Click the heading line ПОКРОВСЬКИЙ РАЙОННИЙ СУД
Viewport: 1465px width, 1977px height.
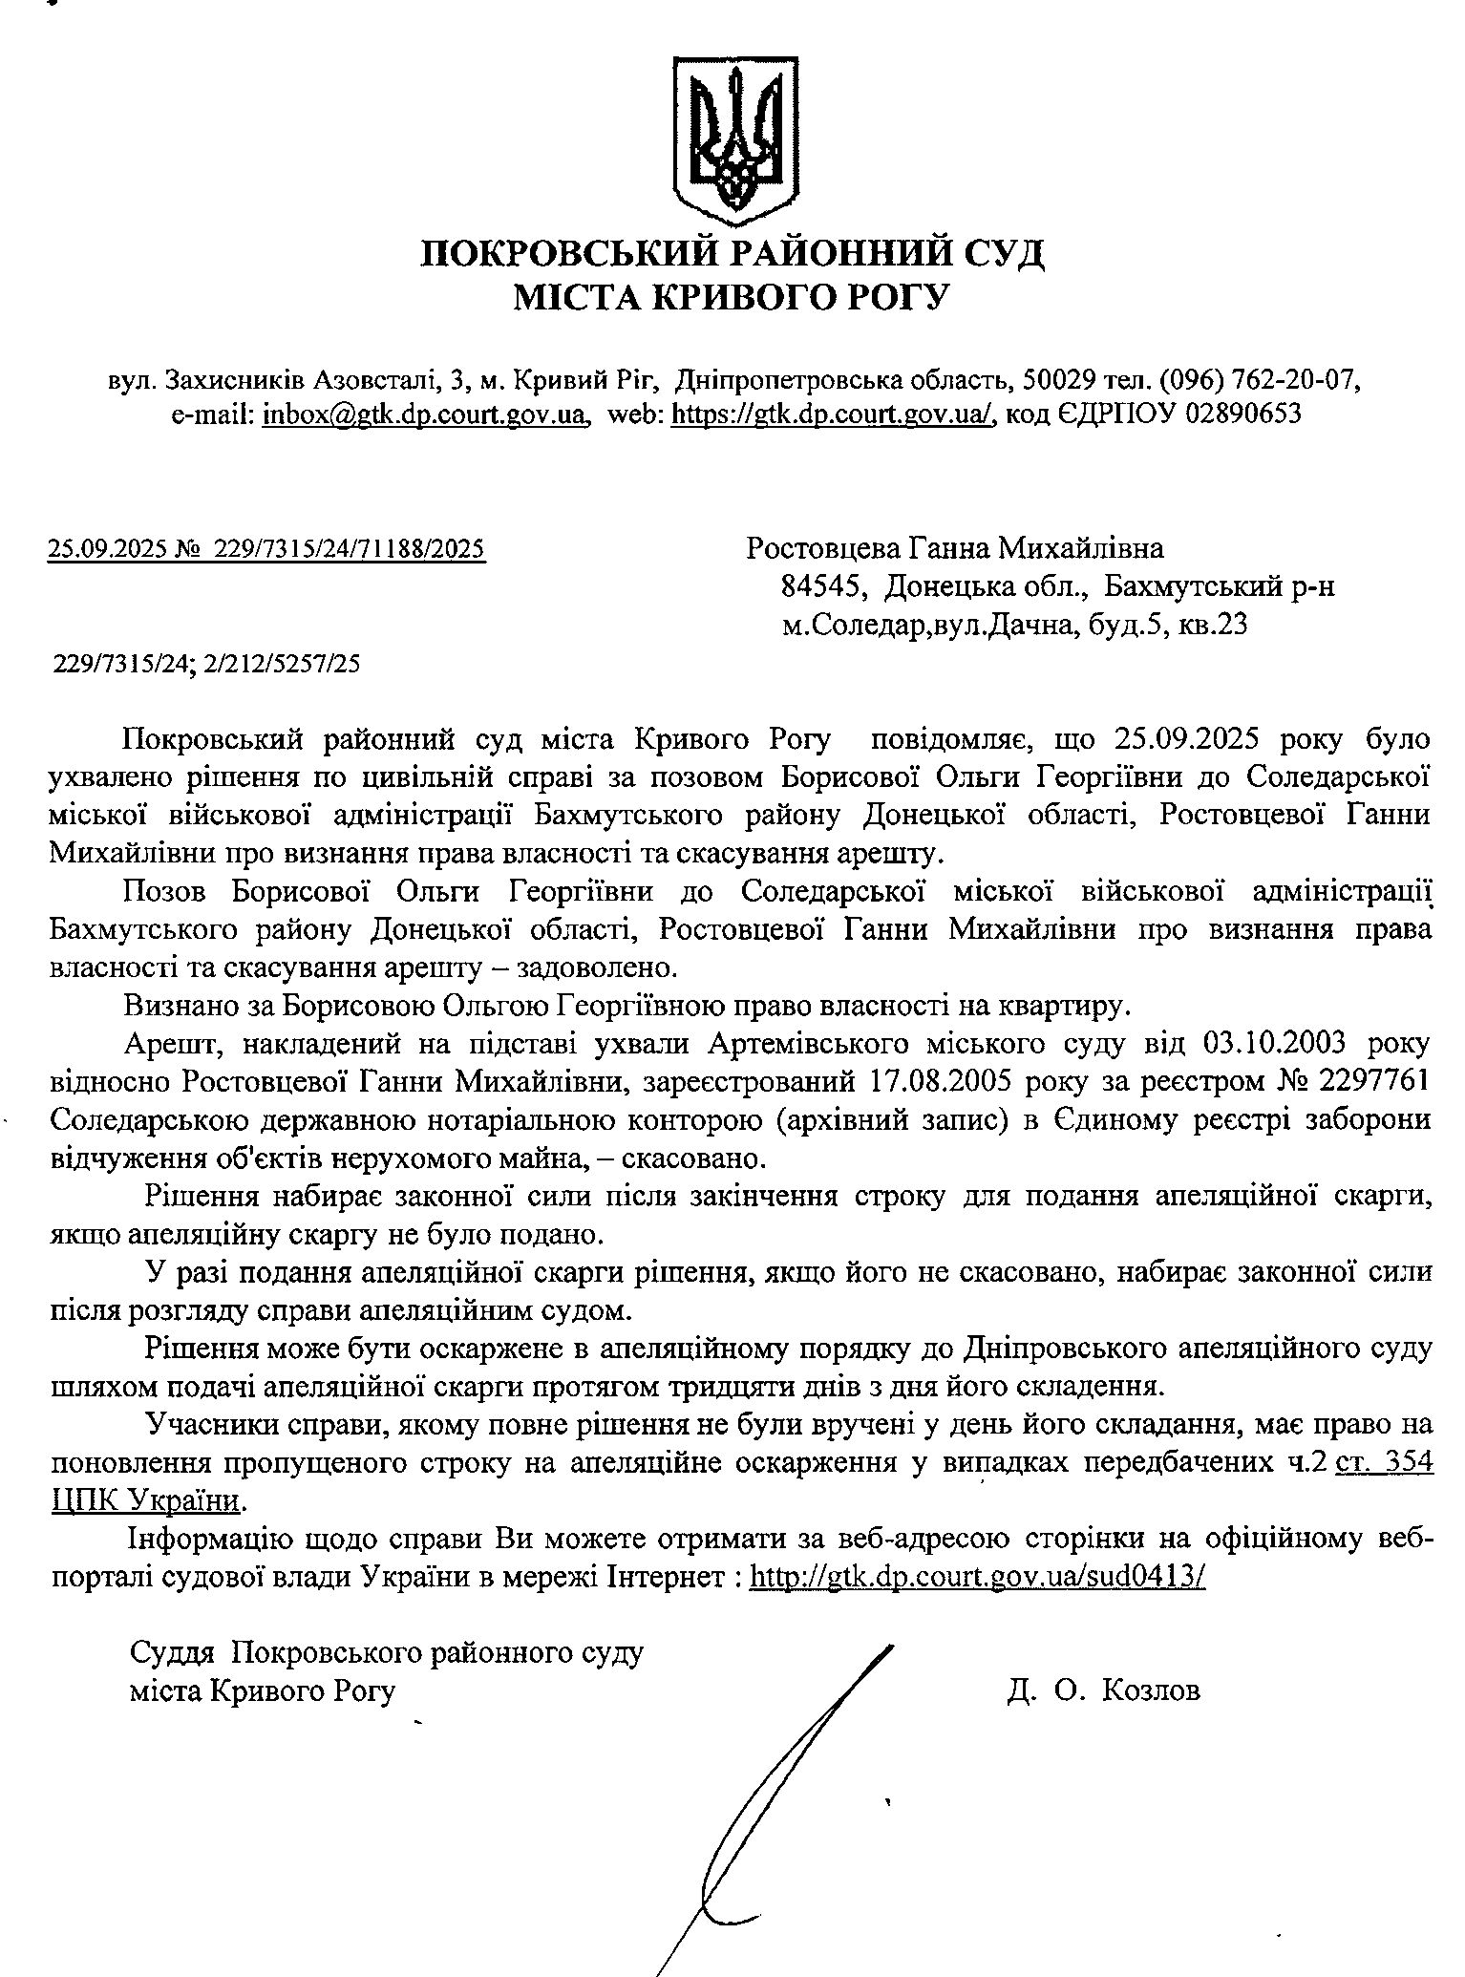(733, 254)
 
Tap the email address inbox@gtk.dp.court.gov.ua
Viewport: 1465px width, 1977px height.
(425, 415)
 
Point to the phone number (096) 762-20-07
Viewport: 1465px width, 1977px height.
(1260, 380)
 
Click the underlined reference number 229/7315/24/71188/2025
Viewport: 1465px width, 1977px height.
(350, 549)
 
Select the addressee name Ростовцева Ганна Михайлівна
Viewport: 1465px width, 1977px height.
(955, 549)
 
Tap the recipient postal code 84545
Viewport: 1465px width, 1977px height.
(823, 586)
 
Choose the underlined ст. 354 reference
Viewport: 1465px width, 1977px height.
(1385, 1463)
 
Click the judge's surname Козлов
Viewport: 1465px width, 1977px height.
(1151, 1690)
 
